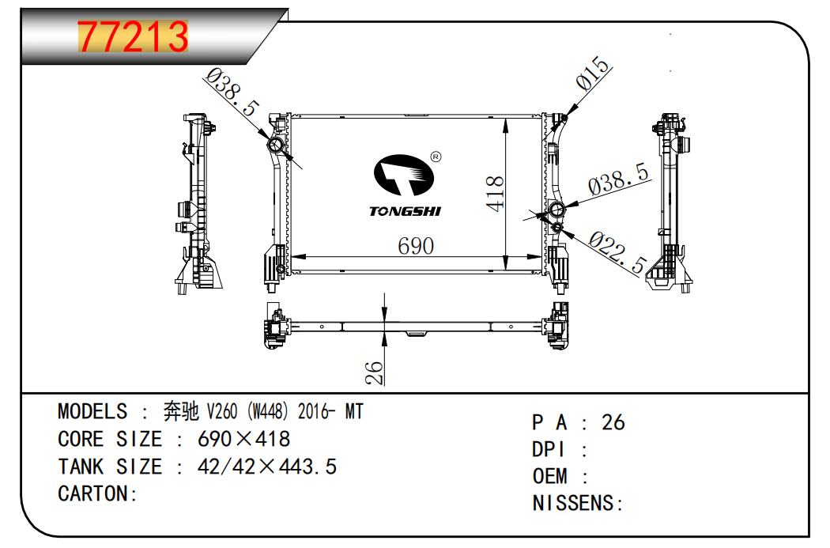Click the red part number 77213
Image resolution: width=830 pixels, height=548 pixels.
pos(133,37)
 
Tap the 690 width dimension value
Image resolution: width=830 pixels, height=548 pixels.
pos(415,246)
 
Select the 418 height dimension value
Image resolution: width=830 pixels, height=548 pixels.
pos(495,192)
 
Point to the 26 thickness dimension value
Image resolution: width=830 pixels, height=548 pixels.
pos(375,372)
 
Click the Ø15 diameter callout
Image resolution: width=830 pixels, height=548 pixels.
pos(594,73)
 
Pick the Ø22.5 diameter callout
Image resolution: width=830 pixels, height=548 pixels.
pos(618,253)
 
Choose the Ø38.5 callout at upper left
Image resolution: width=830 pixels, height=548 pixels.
pos(232,92)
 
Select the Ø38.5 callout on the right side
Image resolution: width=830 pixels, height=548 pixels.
pos(619,180)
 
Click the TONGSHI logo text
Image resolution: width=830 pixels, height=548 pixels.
pos(406,211)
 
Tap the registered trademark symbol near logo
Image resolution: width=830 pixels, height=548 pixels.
pos(435,157)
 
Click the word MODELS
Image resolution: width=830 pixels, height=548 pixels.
pos(92,411)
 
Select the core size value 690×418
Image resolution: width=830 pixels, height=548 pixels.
pos(243,439)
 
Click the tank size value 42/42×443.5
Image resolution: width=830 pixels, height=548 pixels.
pos(266,467)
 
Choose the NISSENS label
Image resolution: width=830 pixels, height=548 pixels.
pos(578,503)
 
